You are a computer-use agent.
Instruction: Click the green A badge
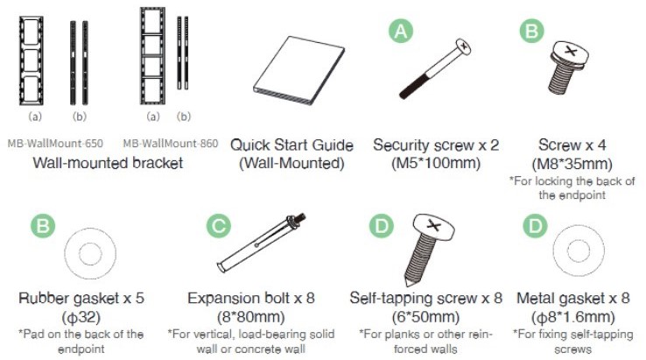[x=400, y=32]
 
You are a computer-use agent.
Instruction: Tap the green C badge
[x=218, y=226]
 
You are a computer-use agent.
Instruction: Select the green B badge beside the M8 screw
[x=531, y=31]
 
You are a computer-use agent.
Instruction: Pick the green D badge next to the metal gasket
[x=535, y=226]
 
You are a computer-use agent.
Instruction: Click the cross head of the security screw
[x=463, y=46]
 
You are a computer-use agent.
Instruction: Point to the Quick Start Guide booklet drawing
[x=299, y=70]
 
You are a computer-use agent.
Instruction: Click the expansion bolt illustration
[x=261, y=243]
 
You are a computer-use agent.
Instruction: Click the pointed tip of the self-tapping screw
[x=407, y=285]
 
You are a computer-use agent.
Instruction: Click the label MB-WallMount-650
[x=55, y=144]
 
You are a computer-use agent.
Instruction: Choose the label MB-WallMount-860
[x=171, y=144]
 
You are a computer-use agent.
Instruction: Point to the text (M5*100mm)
[x=436, y=163]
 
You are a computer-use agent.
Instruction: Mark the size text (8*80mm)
[x=251, y=317]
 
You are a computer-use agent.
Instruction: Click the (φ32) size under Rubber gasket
[x=81, y=317]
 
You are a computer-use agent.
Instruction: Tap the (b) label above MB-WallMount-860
[x=184, y=116]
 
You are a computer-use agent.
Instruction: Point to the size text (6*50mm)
[x=425, y=317]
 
